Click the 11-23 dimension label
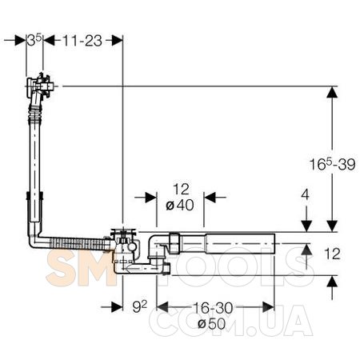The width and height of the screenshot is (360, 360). [x=82, y=41]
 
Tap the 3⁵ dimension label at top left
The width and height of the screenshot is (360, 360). [x=34, y=40]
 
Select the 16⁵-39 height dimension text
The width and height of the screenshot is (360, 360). [x=332, y=164]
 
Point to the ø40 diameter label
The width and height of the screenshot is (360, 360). [x=180, y=205]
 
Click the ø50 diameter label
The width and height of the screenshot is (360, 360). [x=212, y=323]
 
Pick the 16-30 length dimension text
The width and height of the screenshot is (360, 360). [x=213, y=308]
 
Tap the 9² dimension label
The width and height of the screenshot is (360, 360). [x=139, y=306]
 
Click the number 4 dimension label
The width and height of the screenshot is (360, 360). [x=305, y=194]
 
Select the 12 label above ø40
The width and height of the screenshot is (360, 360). [x=181, y=189]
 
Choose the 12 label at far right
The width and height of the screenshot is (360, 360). [x=332, y=254]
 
